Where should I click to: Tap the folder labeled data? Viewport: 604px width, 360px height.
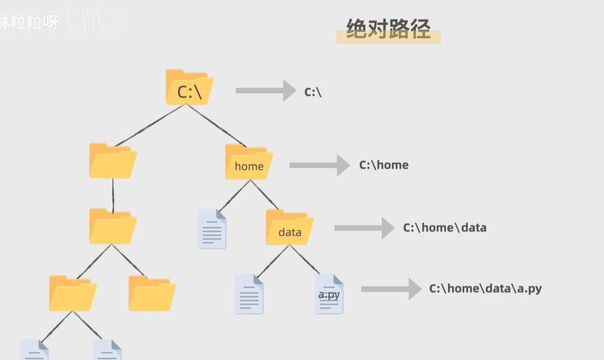290,228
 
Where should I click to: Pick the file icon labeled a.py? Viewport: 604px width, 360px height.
329,294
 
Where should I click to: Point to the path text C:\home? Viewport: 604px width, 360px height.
384,165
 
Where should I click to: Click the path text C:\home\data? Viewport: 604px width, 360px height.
445,228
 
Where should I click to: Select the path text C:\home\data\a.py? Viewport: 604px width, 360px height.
485,288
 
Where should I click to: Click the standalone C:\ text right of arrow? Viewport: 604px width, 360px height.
313,92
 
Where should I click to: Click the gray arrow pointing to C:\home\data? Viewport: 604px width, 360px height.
364,228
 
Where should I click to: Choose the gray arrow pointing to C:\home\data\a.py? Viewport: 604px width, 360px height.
391,289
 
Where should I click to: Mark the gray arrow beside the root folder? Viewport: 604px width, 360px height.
265,90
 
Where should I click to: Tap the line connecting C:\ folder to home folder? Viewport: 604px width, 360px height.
215,125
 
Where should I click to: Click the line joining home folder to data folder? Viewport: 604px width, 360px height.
264,194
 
